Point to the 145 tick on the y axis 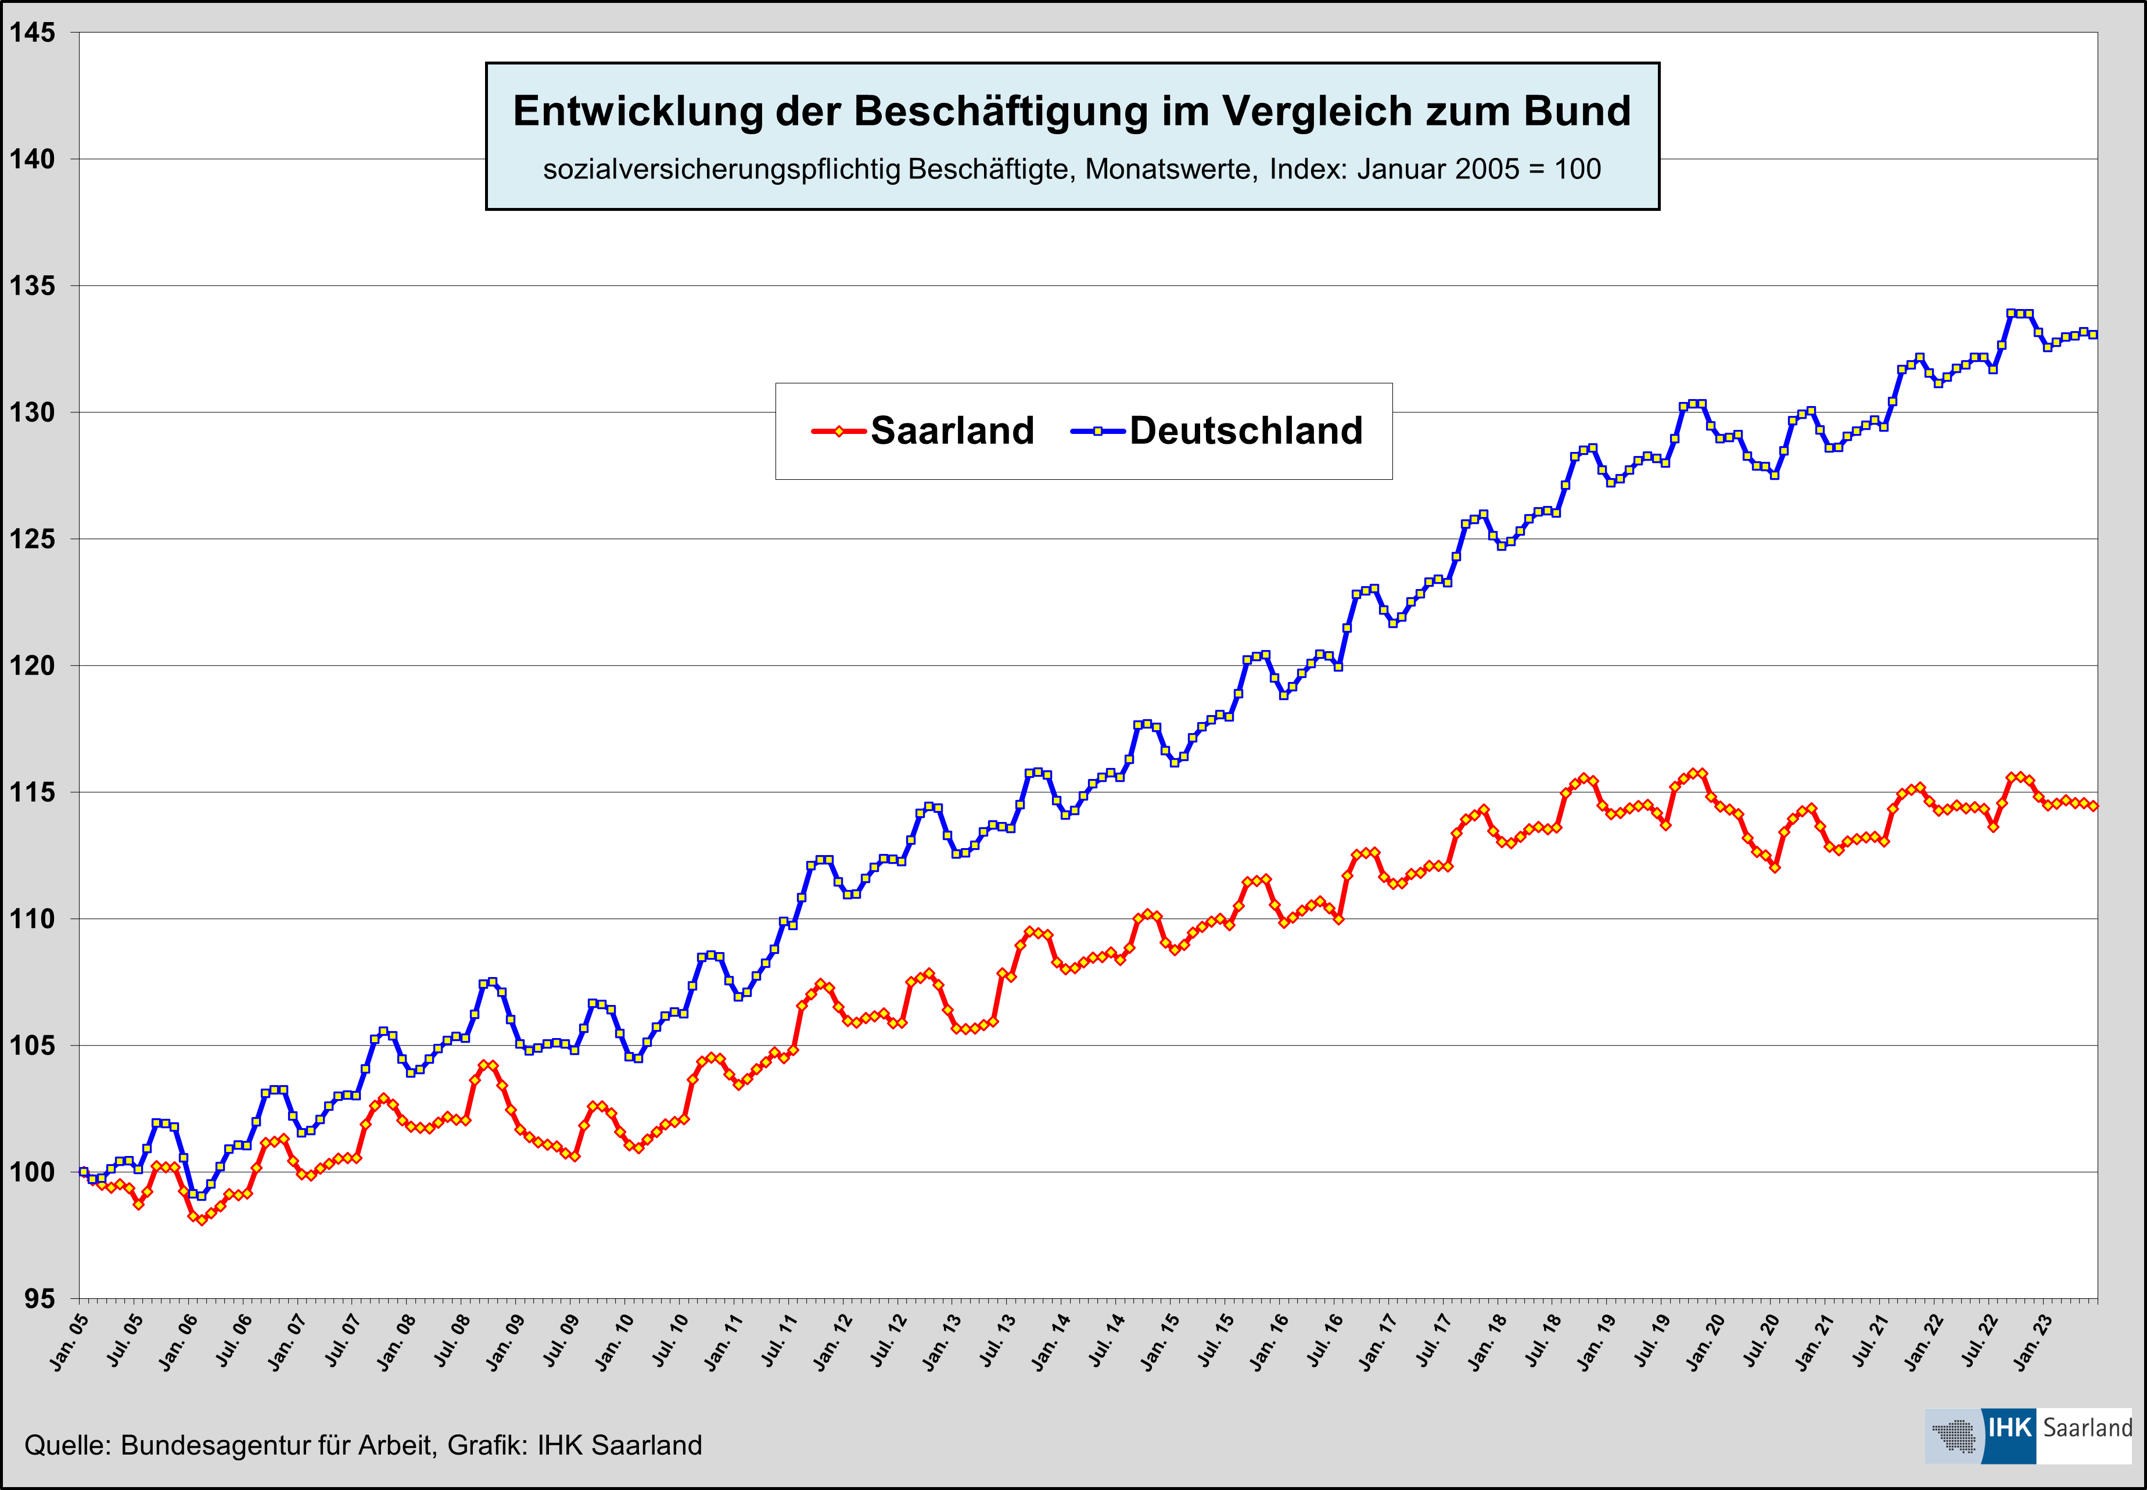click(x=32, y=33)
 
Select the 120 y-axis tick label click(x=32, y=666)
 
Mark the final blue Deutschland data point click(x=2094, y=334)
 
